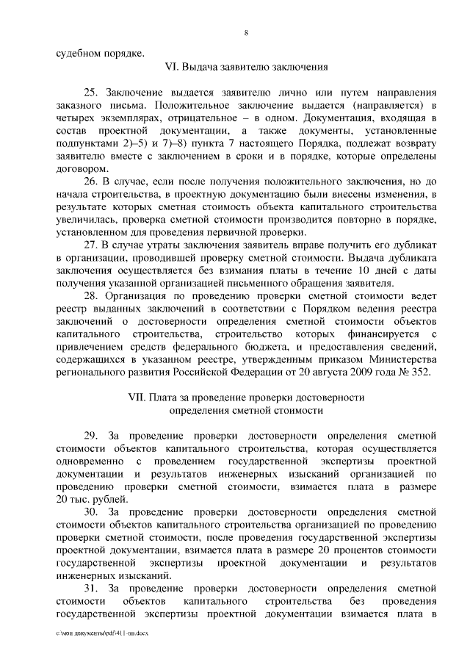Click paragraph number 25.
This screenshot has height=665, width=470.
91,93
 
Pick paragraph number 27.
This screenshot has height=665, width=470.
91,243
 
